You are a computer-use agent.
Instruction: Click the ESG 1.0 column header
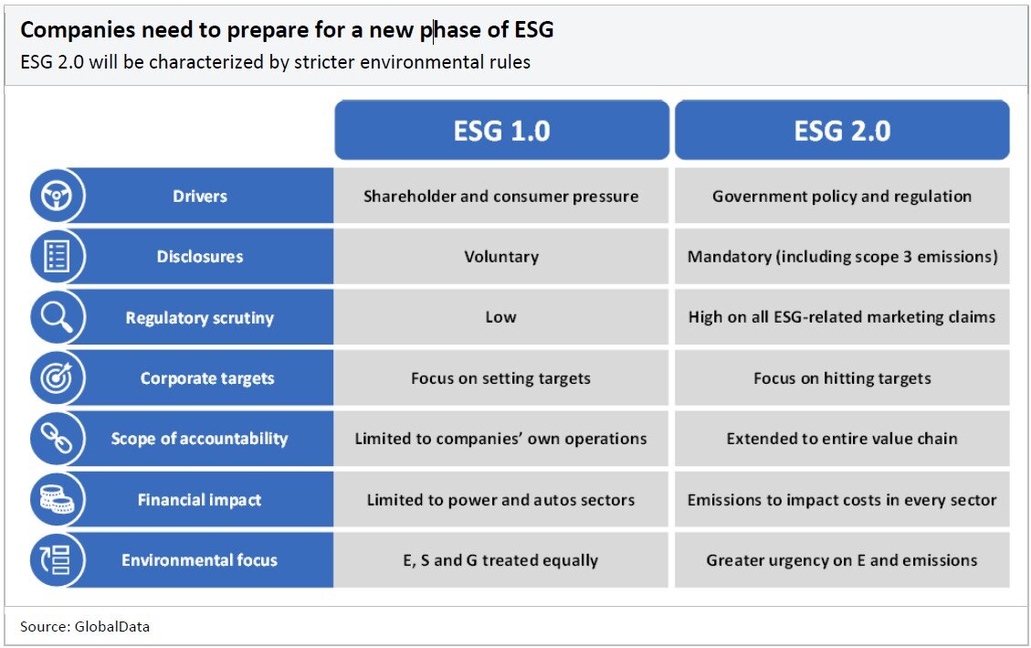[x=501, y=130]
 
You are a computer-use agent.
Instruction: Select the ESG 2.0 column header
[x=842, y=130]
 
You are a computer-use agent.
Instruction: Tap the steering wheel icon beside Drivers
[x=57, y=196]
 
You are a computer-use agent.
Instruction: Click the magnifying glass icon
[x=57, y=317]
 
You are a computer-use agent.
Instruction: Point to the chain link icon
[x=57, y=439]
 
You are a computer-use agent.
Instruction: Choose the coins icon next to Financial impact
[x=57, y=499]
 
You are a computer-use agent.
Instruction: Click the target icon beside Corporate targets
[x=57, y=377]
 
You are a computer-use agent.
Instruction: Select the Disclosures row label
[x=200, y=257]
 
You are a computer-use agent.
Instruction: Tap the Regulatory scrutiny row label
[x=200, y=318]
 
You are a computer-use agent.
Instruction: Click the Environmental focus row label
[x=200, y=560]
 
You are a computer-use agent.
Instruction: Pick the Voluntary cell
[x=501, y=257]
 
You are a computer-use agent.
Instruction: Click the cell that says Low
[x=501, y=317]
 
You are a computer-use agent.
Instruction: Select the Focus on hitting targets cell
[x=842, y=378]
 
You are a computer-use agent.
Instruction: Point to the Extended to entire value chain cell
[x=842, y=439]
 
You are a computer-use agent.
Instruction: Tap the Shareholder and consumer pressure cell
[x=501, y=196]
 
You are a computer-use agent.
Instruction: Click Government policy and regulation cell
[x=842, y=196]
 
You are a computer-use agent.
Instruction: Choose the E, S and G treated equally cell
[x=501, y=560]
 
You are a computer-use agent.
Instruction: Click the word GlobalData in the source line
[x=111, y=626]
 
